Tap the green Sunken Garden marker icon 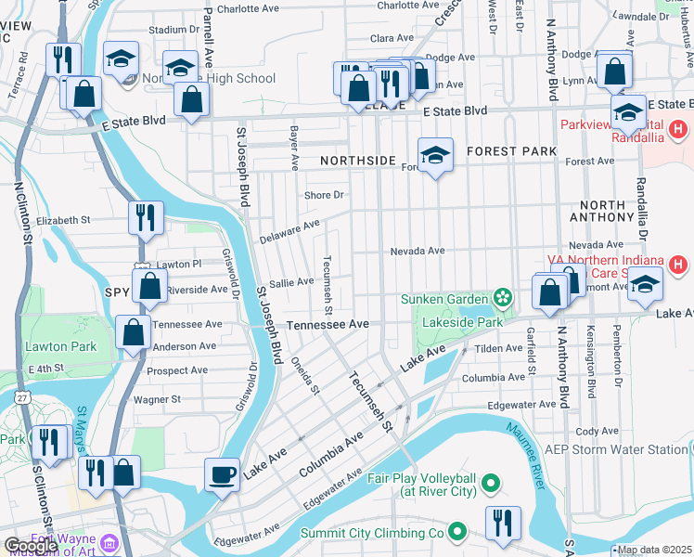[x=503, y=298]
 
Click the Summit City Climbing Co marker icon [x=456, y=533]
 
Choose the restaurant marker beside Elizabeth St [x=146, y=217]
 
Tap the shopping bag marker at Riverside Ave [x=149, y=287]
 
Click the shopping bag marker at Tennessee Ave [x=134, y=330]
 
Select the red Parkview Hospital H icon [x=678, y=130]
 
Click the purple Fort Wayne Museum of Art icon [x=109, y=541]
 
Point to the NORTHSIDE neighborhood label [x=358, y=161]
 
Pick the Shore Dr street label [x=325, y=195]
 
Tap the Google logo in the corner [x=32, y=546]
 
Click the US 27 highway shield [x=22, y=397]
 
